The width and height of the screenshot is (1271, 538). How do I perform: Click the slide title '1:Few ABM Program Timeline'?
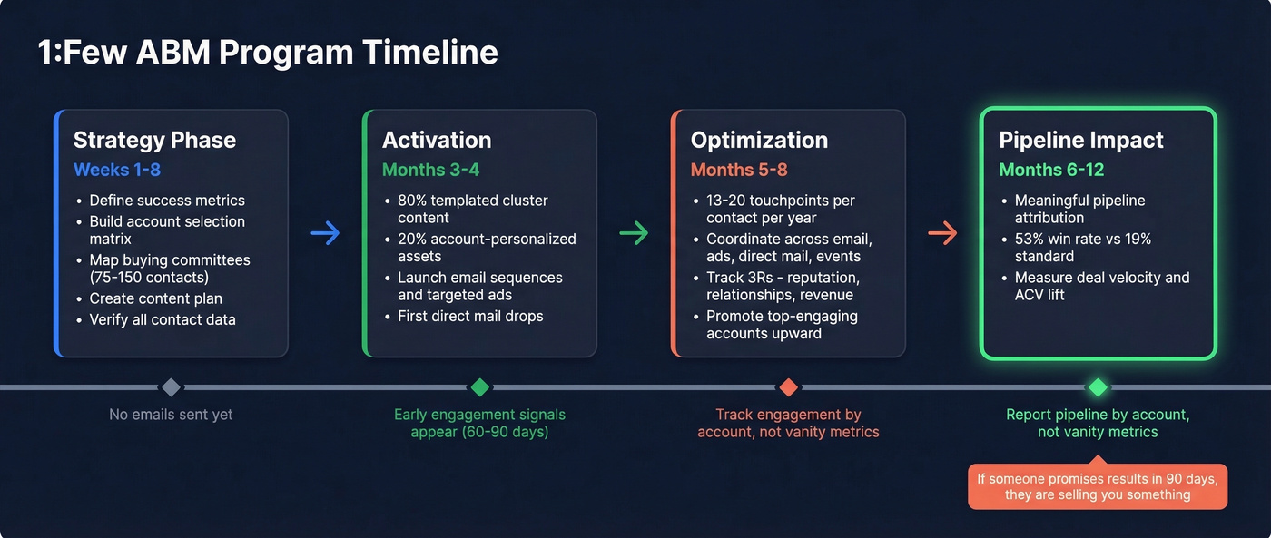[268, 52]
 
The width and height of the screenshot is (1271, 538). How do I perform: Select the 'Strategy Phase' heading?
[154, 140]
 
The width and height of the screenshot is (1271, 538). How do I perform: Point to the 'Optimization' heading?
[759, 140]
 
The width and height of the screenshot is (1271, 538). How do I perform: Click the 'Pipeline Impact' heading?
[1080, 140]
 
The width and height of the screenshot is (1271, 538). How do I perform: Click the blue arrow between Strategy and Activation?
[325, 234]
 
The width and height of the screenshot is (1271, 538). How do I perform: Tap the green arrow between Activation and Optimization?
[634, 234]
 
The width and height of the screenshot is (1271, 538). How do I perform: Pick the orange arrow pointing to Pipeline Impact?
[942, 234]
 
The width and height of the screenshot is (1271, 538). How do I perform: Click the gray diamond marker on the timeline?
[171, 387]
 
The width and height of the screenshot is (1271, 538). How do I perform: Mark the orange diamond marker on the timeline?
[788, 387]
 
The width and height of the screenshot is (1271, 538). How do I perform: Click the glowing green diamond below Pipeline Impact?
[1098, 387]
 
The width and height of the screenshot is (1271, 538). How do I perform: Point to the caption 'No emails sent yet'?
[171, 415]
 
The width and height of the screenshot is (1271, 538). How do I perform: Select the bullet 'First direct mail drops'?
[470, 317]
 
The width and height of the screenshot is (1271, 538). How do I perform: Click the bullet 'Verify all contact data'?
[162, 319]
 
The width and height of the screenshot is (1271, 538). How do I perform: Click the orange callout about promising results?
[1097, 486]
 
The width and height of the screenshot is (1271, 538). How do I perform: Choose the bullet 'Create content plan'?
[155, 298]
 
